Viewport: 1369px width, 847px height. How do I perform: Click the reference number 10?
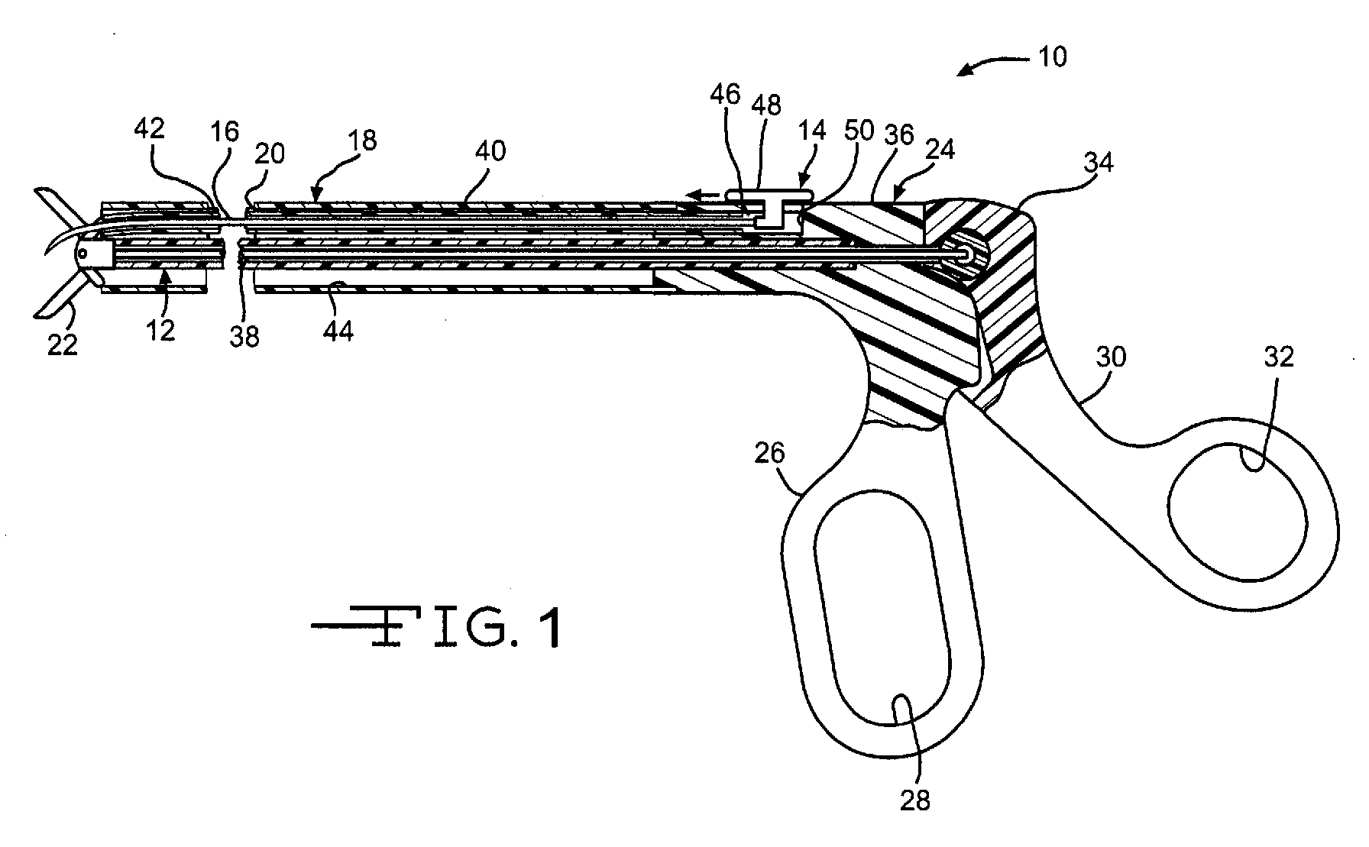point(1053,57)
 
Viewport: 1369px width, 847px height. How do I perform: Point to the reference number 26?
point(769,453)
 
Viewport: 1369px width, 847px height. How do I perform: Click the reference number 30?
point(1111,357)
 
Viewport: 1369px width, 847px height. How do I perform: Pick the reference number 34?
point(1098,162)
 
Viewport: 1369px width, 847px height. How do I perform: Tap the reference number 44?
point(338,331)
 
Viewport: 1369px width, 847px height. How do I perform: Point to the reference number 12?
point(161,330)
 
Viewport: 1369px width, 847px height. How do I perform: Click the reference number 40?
point(490,150)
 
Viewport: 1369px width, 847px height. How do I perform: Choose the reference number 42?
point(149,128)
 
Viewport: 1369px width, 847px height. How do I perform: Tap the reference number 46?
point(724,94)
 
